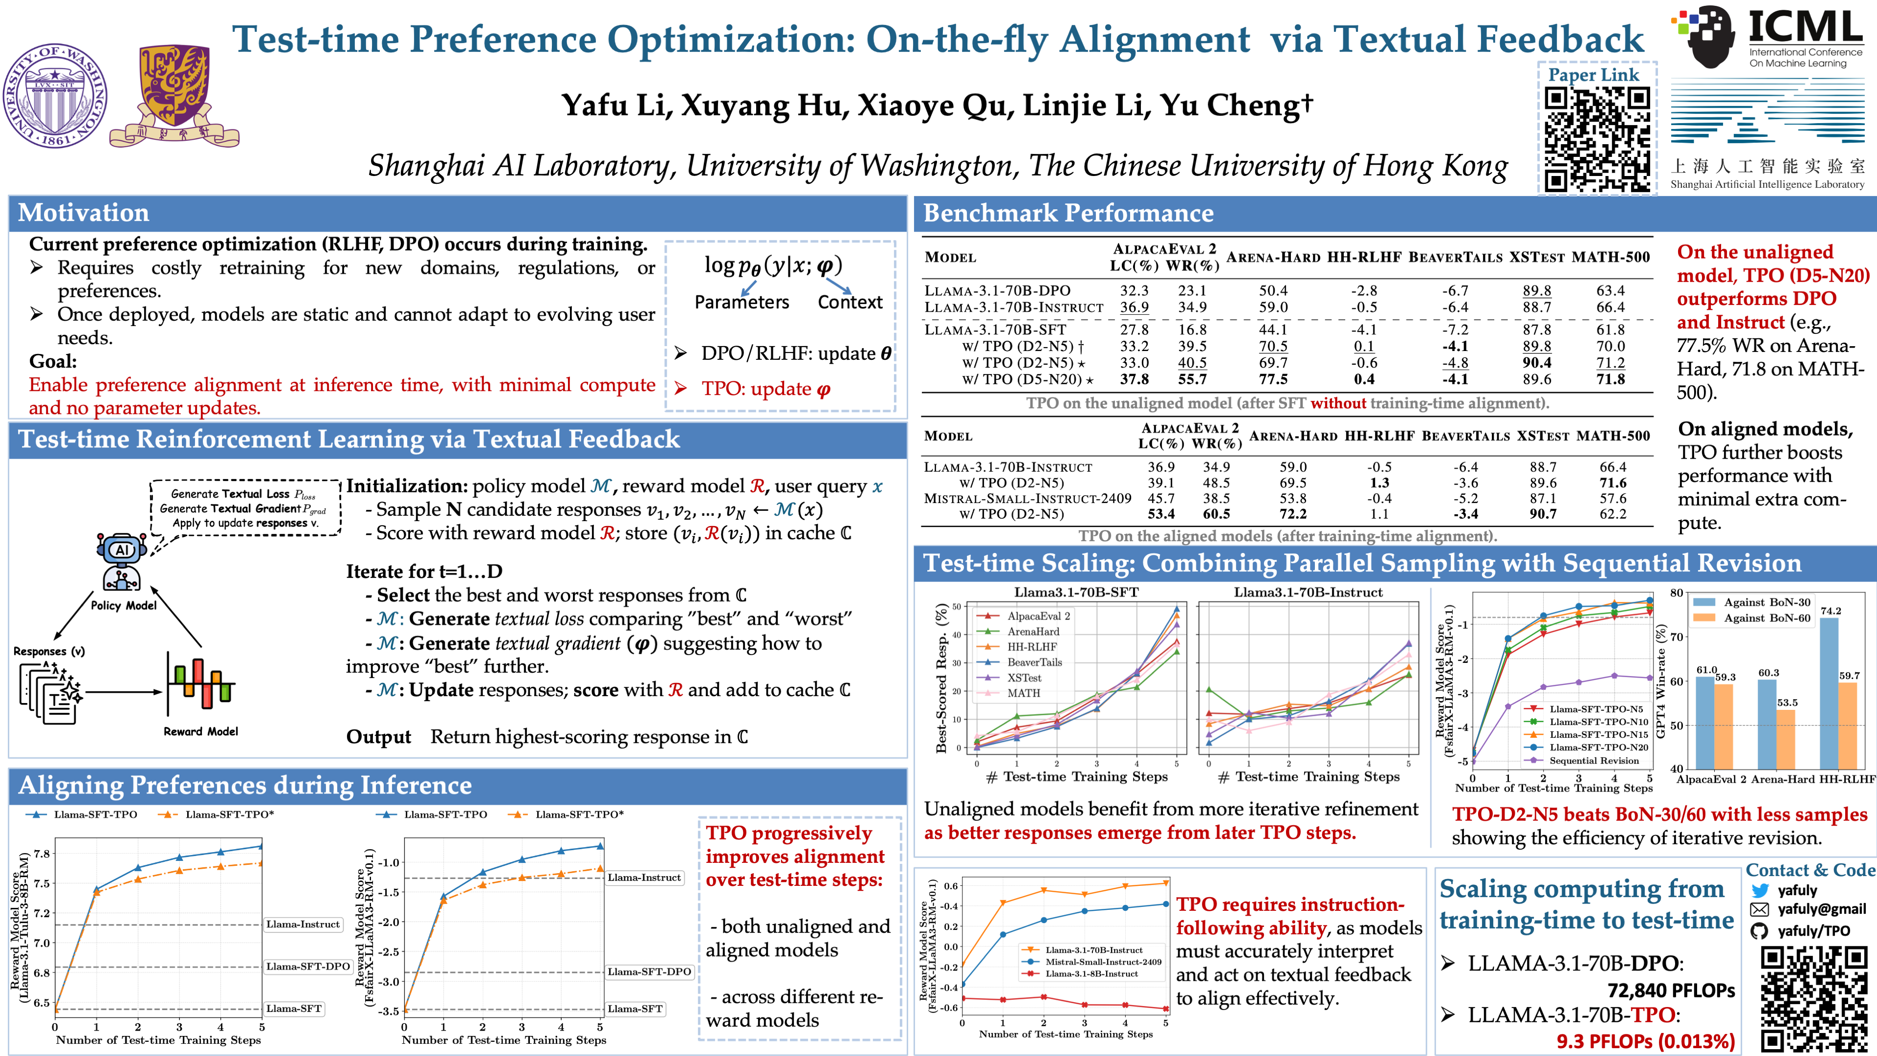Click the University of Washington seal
click(x=55, y=95)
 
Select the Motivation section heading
click(x=84, y=213)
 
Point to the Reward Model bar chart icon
click(x=200, y=684)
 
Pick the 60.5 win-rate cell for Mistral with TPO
click(x=1216, y=514)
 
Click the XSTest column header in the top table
click(x=1537, y=257)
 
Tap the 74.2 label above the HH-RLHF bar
click(x=1831, y=611)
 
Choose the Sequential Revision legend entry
click(x=1593, y=760)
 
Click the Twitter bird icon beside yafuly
click(x=1760, y=891)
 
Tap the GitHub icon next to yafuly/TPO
click(x=1759, y=931)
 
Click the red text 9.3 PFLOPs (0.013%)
click(x=1645, y=1041)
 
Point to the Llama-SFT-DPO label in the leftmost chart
click(x=307, y=967)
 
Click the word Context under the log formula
click(x=850, y=303)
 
